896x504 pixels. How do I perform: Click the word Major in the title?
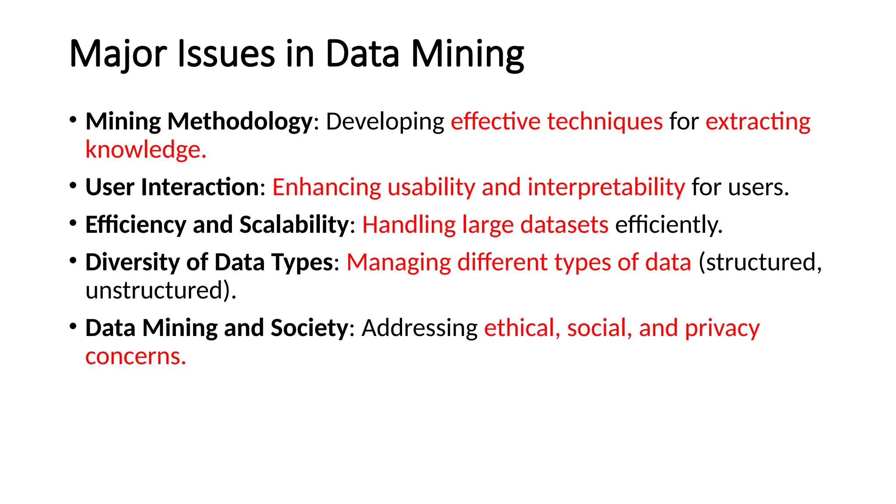118,54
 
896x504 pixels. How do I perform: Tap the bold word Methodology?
240,121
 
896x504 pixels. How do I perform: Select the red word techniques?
605,121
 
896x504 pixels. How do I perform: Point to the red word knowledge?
145,150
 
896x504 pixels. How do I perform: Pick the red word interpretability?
606,187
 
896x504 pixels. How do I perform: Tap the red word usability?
431,187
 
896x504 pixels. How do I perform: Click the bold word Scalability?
294,225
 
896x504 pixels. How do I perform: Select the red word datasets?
564,225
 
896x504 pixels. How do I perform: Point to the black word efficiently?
668,225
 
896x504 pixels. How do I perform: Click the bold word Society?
309,328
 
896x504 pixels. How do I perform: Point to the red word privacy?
722,328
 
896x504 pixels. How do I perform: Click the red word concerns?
136,356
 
